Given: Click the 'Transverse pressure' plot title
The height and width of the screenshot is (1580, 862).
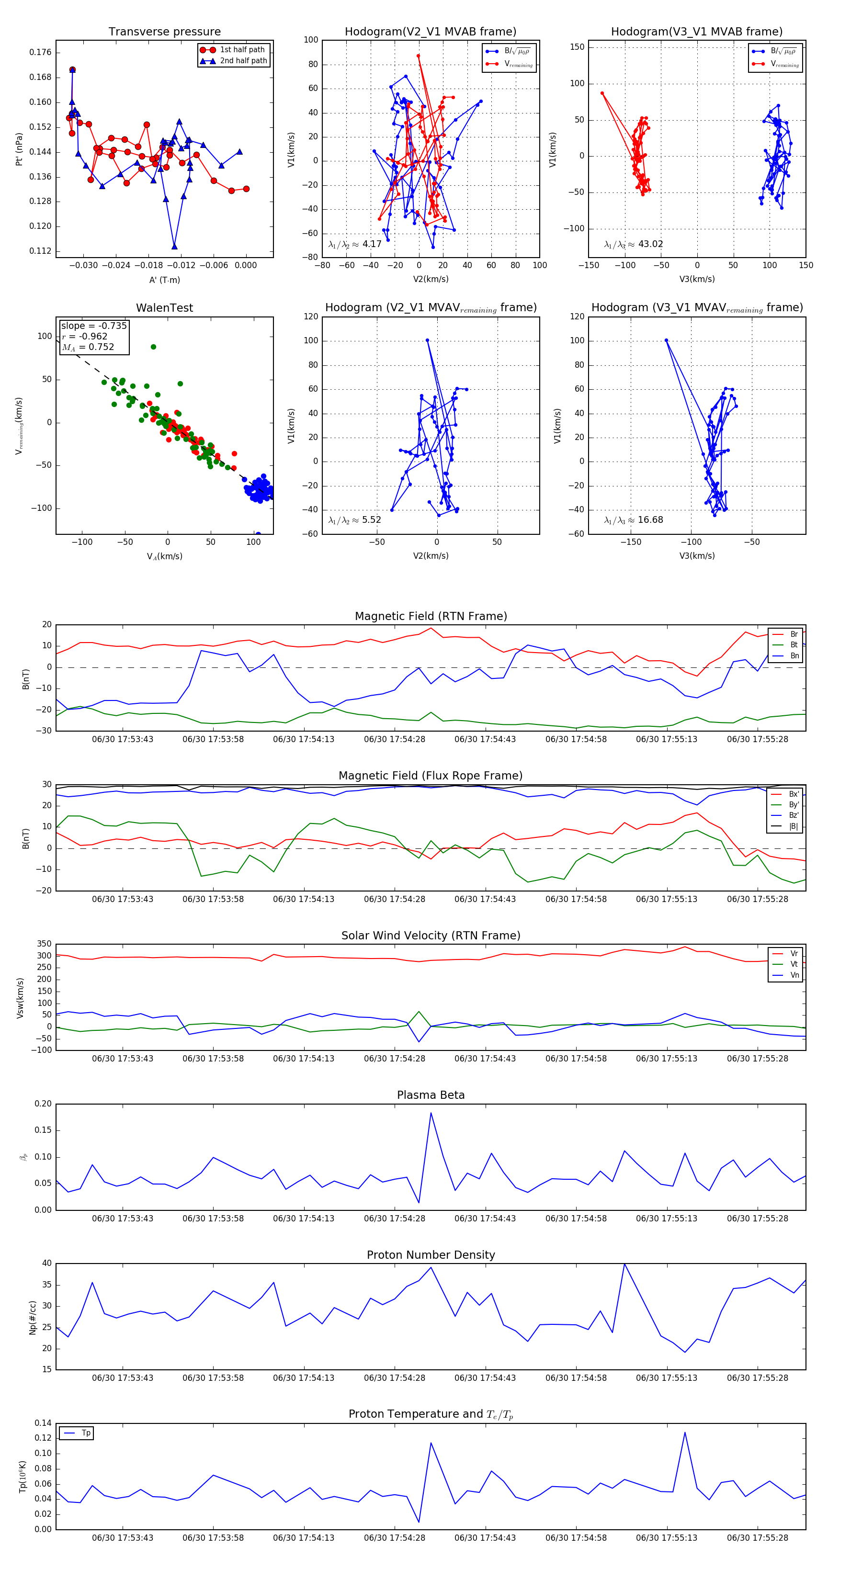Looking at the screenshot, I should pos(164,32).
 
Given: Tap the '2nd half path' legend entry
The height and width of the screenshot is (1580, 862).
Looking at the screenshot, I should pos(243,61).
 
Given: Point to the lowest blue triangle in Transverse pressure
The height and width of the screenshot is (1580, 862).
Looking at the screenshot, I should pos(175,247).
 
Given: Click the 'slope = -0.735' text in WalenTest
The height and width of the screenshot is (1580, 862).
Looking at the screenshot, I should pos(94,326).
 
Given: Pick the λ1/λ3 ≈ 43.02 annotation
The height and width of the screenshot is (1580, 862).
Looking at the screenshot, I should pos(633,244).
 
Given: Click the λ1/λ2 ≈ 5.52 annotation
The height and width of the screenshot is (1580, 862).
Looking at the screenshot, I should pos(354,520).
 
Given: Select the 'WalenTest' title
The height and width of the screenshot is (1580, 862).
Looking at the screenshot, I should pos(164,308).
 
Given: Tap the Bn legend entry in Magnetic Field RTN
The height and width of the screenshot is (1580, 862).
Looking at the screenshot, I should pos(794,655).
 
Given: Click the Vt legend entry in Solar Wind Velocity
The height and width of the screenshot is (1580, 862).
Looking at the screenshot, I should pos(794,964).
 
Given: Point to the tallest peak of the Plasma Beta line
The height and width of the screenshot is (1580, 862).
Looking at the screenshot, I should pos(431,1113).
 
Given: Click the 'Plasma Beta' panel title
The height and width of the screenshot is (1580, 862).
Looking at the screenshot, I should pos(431,1095).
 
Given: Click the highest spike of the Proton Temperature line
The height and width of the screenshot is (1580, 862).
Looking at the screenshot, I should pos(685,1432).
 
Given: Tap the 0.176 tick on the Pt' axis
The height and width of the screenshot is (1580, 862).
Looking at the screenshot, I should pos(41,53).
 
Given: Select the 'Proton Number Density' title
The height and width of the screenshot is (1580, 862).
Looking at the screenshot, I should pos(431,1255).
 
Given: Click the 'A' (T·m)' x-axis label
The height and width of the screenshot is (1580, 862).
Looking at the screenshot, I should pos(164,280).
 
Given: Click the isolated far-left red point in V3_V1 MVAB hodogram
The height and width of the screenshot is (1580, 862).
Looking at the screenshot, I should pos(602,93).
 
